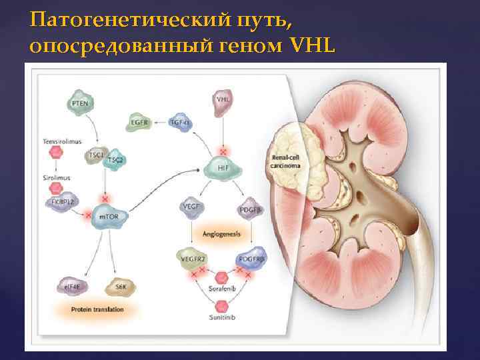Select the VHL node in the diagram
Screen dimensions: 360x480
coord(222,99)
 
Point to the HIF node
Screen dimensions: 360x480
coord(222,167)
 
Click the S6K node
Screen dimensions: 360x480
coord(120,286)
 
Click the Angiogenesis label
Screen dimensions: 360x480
coord(221,234)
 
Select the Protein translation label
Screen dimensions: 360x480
coord(98,310)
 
